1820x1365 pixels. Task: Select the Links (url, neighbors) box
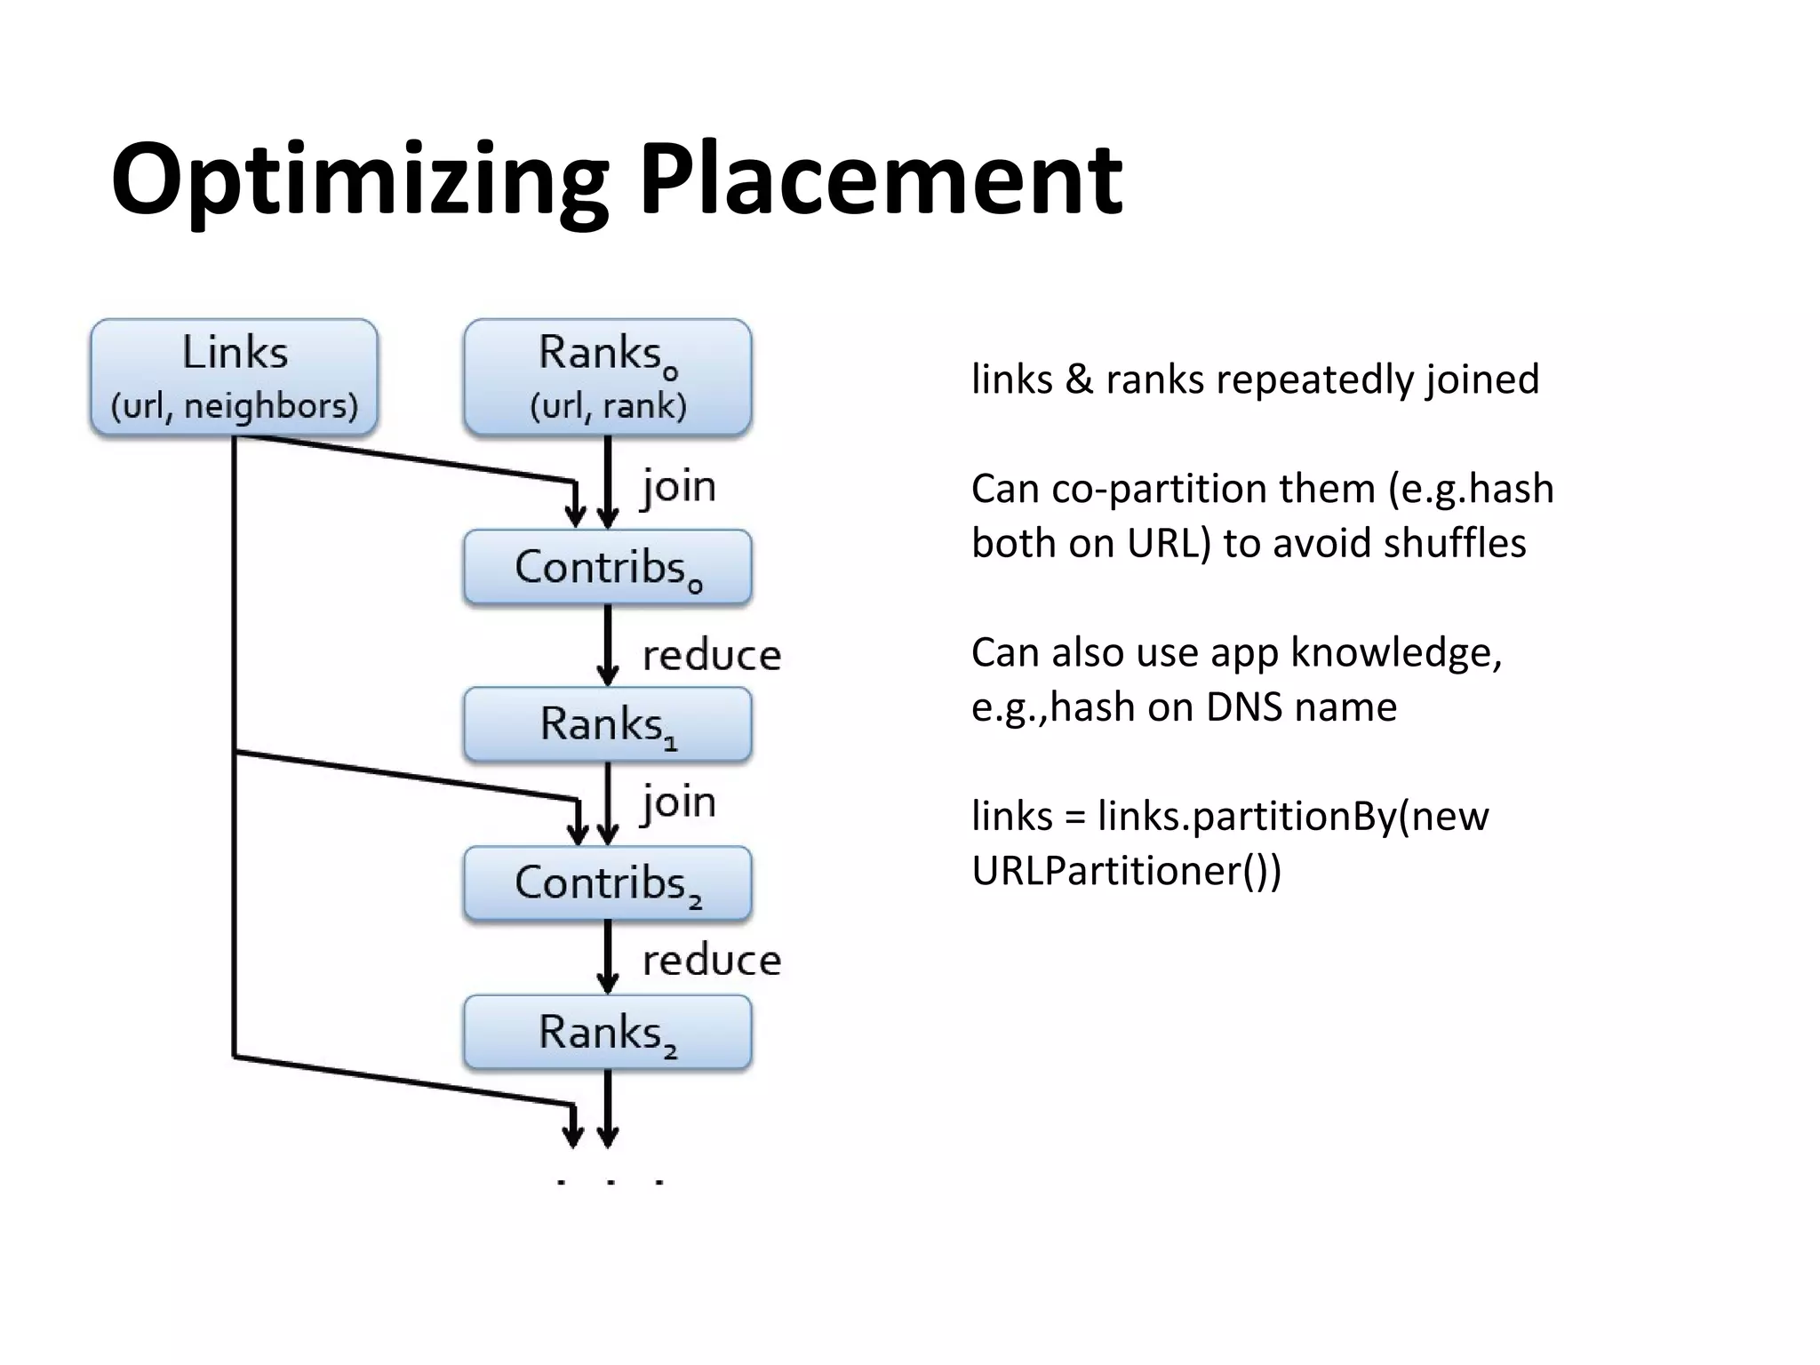point(235,378)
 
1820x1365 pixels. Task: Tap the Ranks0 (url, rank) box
point(608,378)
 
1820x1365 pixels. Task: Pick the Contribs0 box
point(608,567)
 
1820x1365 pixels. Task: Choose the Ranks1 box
point(608,724)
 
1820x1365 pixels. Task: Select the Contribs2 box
point(608,883)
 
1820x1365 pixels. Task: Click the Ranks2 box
point(608,1033)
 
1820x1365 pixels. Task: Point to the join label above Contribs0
point(679,487)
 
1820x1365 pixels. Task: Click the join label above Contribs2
point(679,802)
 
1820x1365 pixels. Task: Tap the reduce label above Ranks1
point(712,656)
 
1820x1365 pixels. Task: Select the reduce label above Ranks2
point(712,961)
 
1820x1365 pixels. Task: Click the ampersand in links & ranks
point(1078,379)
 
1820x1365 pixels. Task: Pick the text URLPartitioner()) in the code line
point(1126,870)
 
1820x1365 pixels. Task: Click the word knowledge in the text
point(1395,653)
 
